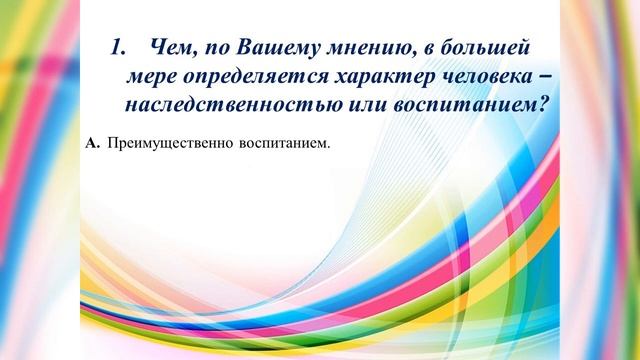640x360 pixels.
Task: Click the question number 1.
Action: pos(116,48)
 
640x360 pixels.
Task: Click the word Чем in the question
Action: pos(168,48)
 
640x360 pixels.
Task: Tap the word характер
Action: pos(375,77)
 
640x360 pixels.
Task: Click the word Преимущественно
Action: pos(169,145)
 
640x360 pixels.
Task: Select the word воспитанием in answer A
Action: pos(283,145)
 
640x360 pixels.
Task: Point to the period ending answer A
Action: pos(328,148)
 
